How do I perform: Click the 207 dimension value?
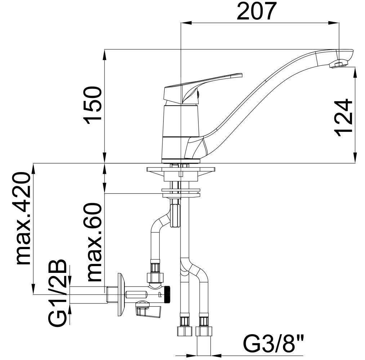pos(257,11)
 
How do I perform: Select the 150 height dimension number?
pos(93,105)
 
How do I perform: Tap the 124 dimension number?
pos(343,118)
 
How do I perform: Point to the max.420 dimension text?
pos(23,218)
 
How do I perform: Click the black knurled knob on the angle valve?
pos(167,295)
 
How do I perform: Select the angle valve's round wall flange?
pos(121,294)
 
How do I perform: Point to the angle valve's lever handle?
pos(148,310)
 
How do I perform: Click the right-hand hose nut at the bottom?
pos(204,331)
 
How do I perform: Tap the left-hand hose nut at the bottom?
pos(185,331)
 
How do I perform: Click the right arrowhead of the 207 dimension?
pos(334,23)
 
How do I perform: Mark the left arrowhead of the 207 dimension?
pos(186,23)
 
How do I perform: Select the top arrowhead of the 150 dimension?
pos(104,55)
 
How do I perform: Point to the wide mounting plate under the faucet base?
pos(181,169)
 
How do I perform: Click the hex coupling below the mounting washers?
pos(175,215)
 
